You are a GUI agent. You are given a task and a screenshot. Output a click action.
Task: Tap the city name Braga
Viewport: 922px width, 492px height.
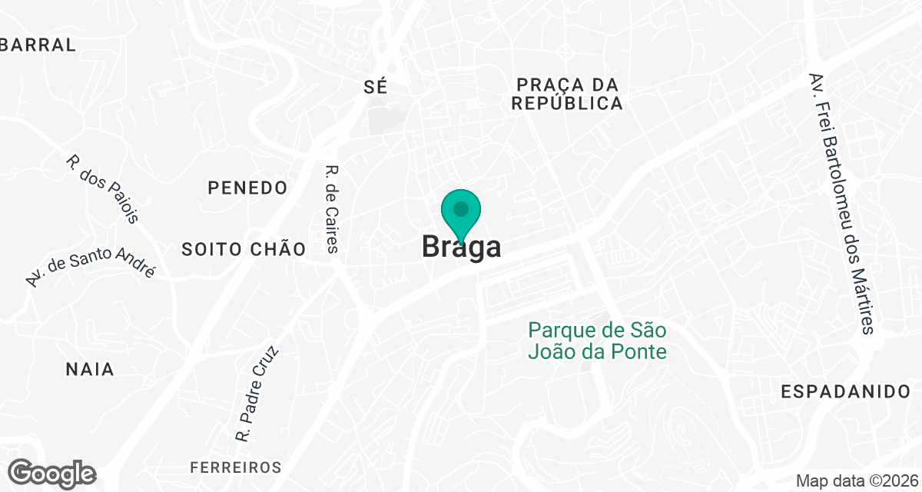pos(462,247)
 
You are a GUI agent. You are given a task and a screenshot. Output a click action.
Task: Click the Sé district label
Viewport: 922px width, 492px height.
pos(376,87)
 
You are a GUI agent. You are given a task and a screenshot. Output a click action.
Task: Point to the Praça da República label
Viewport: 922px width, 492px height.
pos(568,94)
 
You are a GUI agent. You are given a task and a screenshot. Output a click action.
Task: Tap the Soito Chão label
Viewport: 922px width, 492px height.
pos(244,249)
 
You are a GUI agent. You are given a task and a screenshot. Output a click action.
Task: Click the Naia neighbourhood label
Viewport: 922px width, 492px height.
pos(90,370)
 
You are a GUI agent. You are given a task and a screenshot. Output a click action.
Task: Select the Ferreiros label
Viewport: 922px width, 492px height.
pos(236,467)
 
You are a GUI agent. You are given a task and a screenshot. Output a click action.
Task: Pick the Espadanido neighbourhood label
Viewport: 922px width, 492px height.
pos(845,391)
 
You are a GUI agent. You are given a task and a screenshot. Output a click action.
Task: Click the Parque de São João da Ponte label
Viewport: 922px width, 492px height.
pos(596,341)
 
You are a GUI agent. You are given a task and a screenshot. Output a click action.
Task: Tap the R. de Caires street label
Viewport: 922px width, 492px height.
pos(332,209)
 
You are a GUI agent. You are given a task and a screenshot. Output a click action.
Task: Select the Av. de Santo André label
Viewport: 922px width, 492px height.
pos(90,267)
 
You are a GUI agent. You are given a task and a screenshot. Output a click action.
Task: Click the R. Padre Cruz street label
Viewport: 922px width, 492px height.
pos(257,394)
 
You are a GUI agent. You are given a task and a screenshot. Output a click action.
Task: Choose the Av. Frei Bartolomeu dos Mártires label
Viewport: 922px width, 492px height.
pos(841,203)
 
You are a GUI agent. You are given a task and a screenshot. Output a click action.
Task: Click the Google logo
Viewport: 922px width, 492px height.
pos(52,473)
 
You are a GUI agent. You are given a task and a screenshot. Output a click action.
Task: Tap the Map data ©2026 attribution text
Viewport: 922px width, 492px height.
pos(856,481)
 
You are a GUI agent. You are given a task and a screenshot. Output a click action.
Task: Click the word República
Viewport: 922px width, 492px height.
pos(568,104)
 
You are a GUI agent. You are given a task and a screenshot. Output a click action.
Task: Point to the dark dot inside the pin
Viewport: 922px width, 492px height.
pos(461,208)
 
